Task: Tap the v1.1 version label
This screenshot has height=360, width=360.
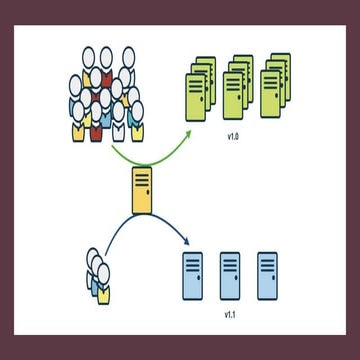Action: pyautogui.click(x=229, y=313)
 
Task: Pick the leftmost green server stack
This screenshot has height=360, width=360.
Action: pyautogui.click(x=200, y=85)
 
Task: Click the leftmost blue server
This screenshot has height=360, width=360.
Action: pyautogui.click(x=192, y=274)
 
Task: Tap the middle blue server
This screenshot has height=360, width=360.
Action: pyautogui.click(x=230, y=274)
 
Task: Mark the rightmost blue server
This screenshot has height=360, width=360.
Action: pyautogui.click(x=267, y=274)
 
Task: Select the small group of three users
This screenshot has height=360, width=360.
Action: pyautogui.click(x=98, y=275)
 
